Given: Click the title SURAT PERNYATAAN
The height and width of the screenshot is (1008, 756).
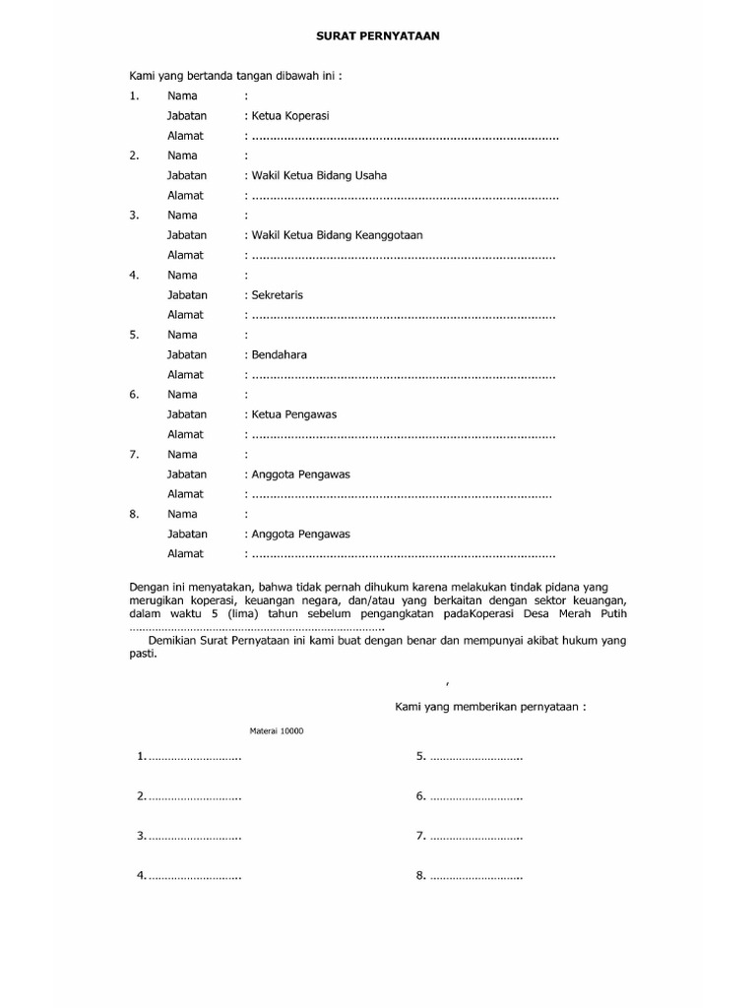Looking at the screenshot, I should click(378, 35).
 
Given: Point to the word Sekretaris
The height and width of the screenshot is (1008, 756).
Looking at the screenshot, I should click(279, 295).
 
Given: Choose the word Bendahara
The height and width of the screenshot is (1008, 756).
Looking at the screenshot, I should click(280, 354).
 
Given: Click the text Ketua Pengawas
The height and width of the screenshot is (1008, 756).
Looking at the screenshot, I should click(293, 414).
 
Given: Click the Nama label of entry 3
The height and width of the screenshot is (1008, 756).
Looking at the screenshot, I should click(182, 215).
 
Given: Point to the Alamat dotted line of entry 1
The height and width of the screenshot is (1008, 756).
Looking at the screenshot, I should click(404, 137).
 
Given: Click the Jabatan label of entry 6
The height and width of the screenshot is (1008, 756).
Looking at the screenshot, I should click(187, 414).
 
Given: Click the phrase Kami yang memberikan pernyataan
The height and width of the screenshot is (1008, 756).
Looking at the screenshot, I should click(490, 707).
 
